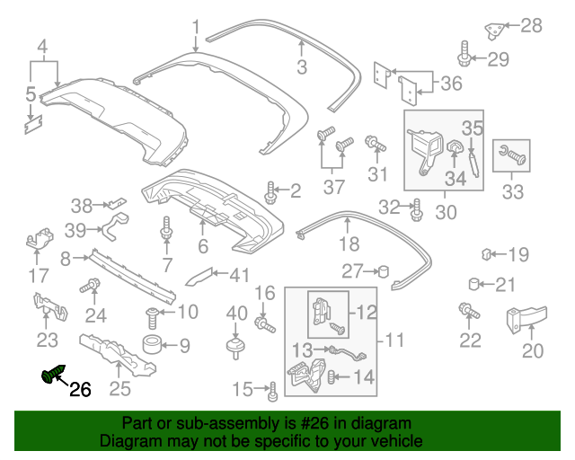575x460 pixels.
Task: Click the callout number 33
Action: pyautogui.click(x=512, y=191)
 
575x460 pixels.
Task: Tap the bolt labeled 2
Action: pyautogui.click(x=270, y=190)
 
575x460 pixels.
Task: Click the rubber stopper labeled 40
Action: pyautogui.click(x=235, y=345)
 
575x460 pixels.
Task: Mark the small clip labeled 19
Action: pyautogui.click(x=487, y=253)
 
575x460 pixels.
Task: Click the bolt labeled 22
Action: pyautogui.click(x=468, y=312)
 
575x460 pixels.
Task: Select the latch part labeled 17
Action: pyautogui.click(x=39, y=241)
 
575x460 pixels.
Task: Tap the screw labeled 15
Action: pyautogui.click(x=271, y=389)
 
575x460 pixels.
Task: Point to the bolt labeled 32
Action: pyautogui.click(x=416, y=209)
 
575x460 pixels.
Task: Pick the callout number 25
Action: pyautogui.click(x=119, y=388)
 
